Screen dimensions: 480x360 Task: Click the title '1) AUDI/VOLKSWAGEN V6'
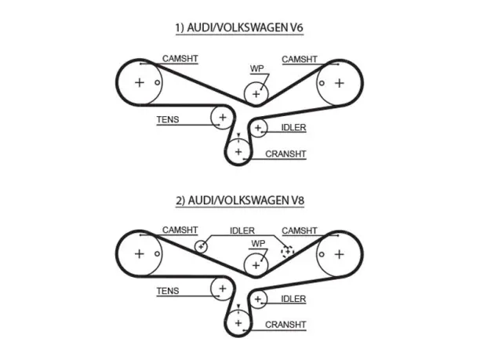pos(239,27)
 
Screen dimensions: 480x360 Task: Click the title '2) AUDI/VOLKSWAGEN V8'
pos(240,200)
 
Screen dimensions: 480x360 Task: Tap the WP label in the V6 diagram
pos(256,68)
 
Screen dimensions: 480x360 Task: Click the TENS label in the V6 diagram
pos(168,119)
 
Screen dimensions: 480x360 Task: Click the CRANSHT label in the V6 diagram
pos(285,154)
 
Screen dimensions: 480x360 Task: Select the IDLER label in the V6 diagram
pos(293,127)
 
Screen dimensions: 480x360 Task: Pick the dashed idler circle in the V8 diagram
pos(287,252)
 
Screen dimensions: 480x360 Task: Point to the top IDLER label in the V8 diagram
pos(242,231)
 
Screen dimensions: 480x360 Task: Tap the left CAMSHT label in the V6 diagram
pos(180,59)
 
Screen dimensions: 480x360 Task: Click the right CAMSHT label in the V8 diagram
pos(300,231)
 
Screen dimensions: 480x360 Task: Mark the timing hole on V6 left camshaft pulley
pos(157,82)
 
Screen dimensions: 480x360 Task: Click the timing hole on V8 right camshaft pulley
pos(322,254)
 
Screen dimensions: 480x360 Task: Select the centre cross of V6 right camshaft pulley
pos(339,83)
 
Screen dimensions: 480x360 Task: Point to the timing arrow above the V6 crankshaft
pos(238,136)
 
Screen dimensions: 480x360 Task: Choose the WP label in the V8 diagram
pos(258,244)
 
